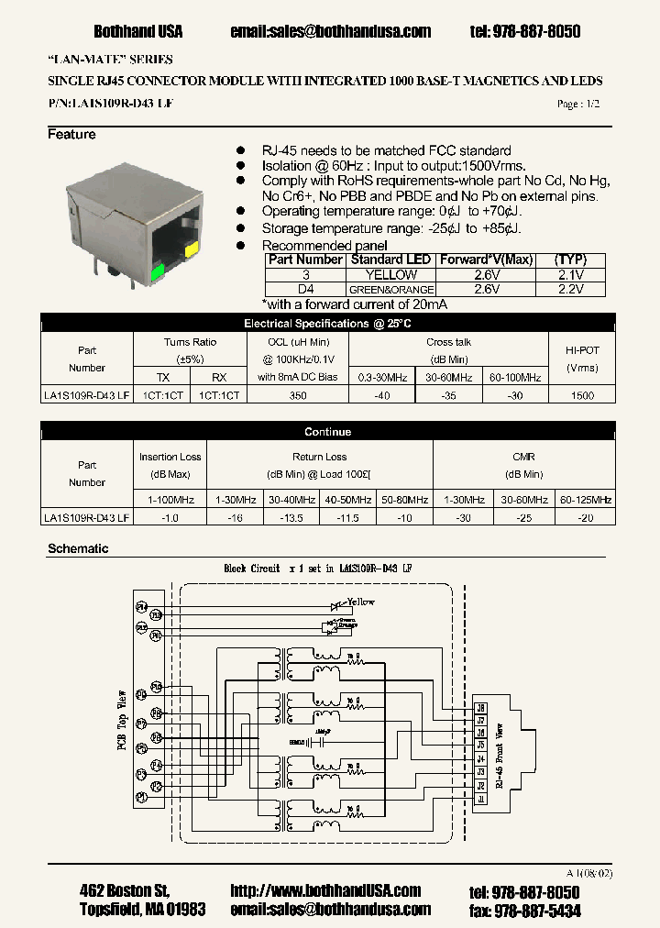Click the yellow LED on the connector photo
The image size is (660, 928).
coord(192,249)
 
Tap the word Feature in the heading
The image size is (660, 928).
coord(71,135)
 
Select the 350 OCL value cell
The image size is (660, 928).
coord(298,395)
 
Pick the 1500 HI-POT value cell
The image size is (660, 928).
coord(582,395)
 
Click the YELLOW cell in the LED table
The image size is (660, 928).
coord(391,274)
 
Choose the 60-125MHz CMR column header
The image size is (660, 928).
coord(585,500)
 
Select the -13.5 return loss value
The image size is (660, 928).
coord(292,517)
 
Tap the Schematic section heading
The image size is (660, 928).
coord(78,548)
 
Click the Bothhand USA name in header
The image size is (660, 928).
coord(138,31)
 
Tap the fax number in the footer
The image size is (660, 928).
coord(537,910)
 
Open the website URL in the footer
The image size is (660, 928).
coord(325,891)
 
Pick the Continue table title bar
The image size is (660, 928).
coord(327,432)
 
